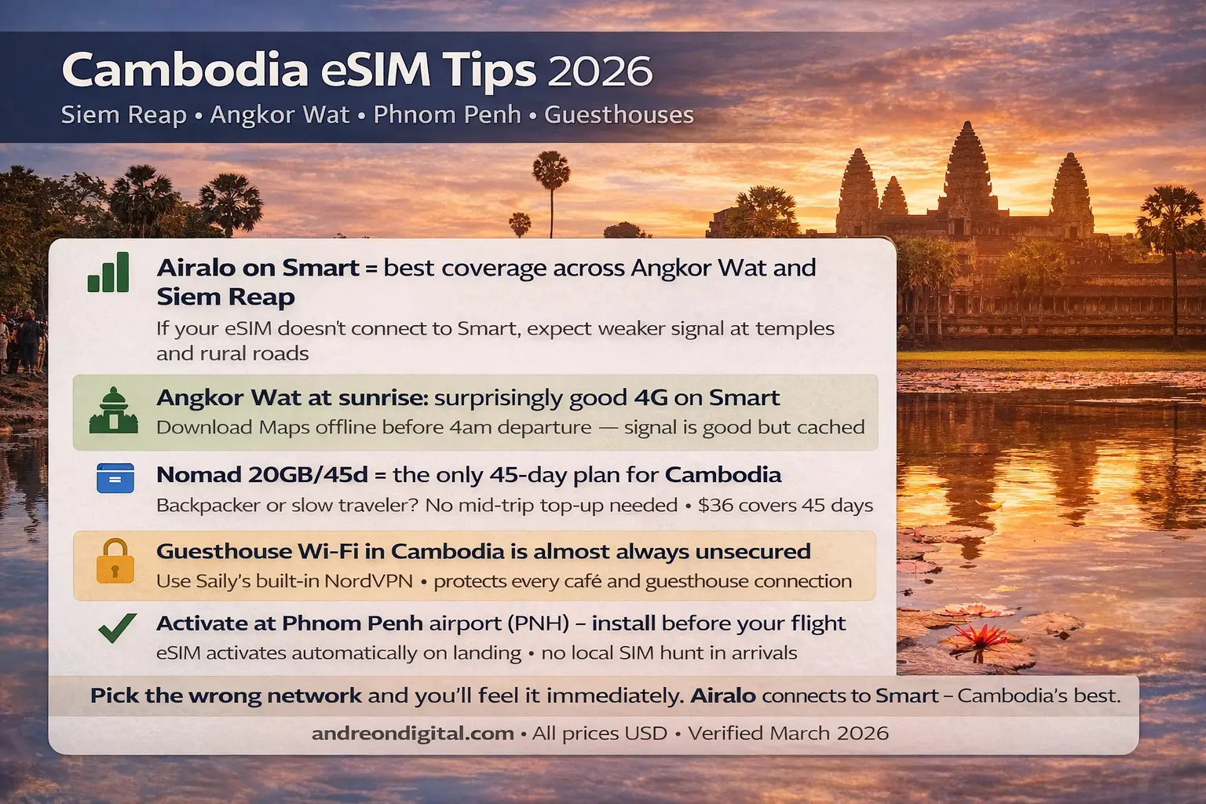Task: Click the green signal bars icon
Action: click(x=109, y=272)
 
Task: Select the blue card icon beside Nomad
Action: click(x=115, y=478)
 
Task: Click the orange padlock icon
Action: click(x=115, y=561)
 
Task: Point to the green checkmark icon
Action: click(x=117, y=628)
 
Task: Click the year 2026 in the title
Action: click(x=600, y=71)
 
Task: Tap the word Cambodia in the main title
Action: click(x=185, y=70)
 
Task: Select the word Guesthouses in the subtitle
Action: click(x=619, y=115)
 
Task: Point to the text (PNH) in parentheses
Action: click(x=538, y=623)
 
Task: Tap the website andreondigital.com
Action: click(x=413, y=733)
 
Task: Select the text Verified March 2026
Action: click(x=788, y=733)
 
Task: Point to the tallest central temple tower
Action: click(x=967, y=169)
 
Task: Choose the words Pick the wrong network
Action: click(x=226, y=696)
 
